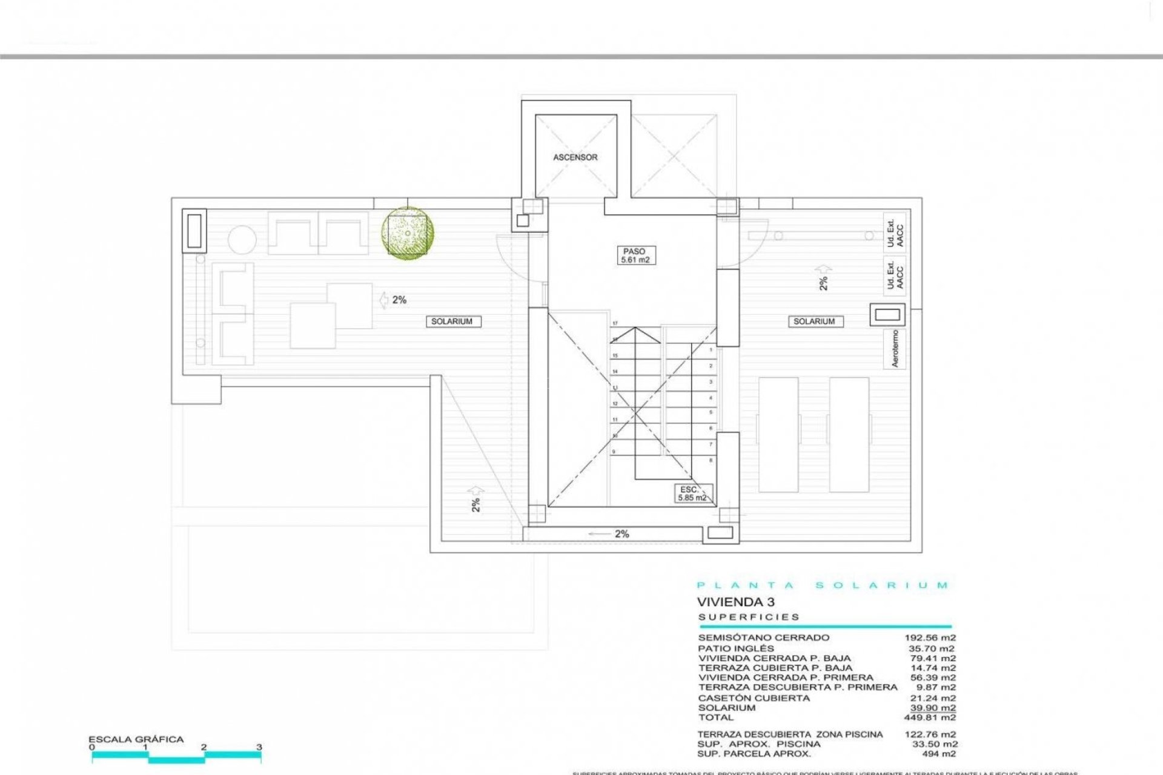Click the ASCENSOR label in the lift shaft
(x=575, y=157)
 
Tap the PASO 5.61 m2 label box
(x=634, y=256)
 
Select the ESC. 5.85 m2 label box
(x=692, y=493)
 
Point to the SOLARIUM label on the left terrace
(x=452, y=322)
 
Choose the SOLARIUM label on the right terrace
(x=813, y=322)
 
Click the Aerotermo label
(x=895, y=349)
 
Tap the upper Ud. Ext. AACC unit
(x=895, y=232)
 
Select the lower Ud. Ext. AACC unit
(x=895, y=275)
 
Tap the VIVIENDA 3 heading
(x=735, y=602)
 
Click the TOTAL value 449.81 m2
(x=933, y=717)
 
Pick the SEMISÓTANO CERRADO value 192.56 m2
(x=930, y=638)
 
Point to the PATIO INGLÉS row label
(x=736, y=648)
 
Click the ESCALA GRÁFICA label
(x=136, y=739)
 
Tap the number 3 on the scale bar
(x=259, y=747)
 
